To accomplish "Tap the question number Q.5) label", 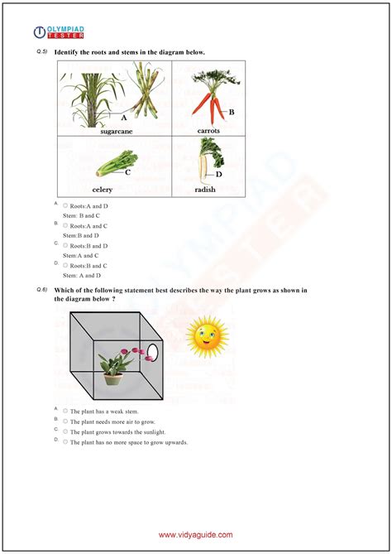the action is [x=41, y=52].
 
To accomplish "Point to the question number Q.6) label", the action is [x=41, y=290].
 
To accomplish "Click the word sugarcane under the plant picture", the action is [x=116, y=131].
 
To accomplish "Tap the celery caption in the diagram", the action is [x=103, y=189].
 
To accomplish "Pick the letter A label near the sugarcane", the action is [x=124, y=118].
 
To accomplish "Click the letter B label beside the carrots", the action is [x=232, y=112].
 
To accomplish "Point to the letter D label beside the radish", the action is [x=219, y=175].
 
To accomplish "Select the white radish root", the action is [x=203, y=169].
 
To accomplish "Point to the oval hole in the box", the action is [x=151, y=354].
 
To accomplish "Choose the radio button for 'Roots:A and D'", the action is [x=65, y=205].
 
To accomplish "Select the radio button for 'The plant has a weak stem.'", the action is [x=65, y=412].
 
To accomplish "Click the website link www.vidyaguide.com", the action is [x=196, y=535].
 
